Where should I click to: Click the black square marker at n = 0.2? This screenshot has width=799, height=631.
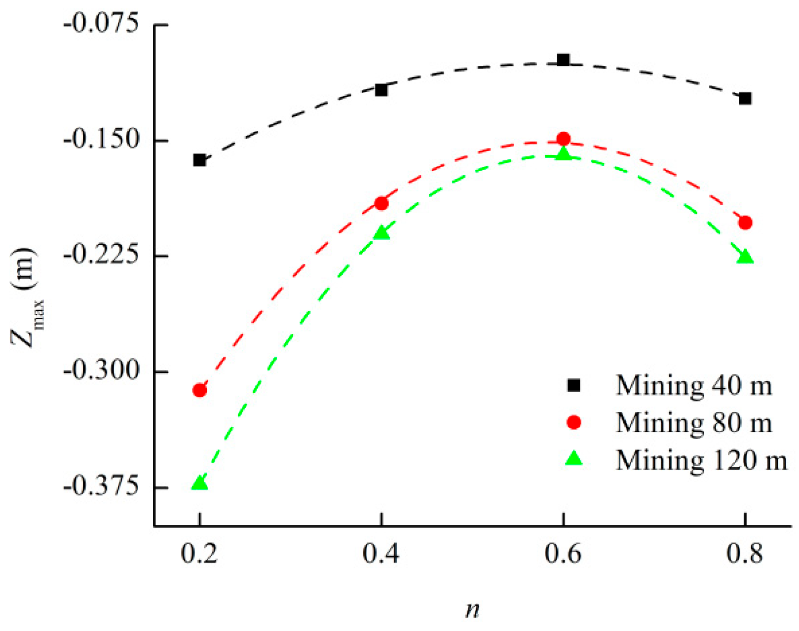tap(199, 160)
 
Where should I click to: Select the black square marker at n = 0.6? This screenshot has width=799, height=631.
tap(563, 60)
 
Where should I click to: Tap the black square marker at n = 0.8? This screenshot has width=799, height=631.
tap(745, 98)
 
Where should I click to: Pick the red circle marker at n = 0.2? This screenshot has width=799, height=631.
tap(199, 390)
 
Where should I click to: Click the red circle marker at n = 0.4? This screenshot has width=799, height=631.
tap(381, 203)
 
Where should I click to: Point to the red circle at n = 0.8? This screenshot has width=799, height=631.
tap(745, 223)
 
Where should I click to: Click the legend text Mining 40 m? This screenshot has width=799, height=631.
tap(693, 385)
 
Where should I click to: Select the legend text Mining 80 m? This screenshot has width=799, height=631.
tap(693, 423)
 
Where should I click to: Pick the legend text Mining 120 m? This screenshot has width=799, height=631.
tap(701, 460)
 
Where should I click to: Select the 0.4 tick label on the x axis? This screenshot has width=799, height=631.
tap(381, 555)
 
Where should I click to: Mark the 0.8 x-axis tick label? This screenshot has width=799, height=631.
tap(745, 555)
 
